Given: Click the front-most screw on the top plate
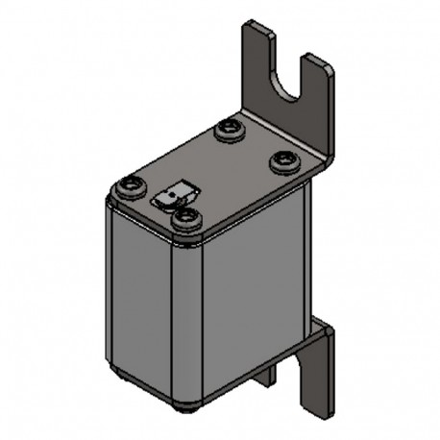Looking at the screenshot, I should click(x=184, y=218).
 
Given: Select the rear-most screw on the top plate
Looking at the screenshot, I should click(x=229, y=128).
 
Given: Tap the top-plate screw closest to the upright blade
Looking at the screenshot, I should click(x=283, y=159).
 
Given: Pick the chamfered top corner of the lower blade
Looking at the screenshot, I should click(x=327, y=330).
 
